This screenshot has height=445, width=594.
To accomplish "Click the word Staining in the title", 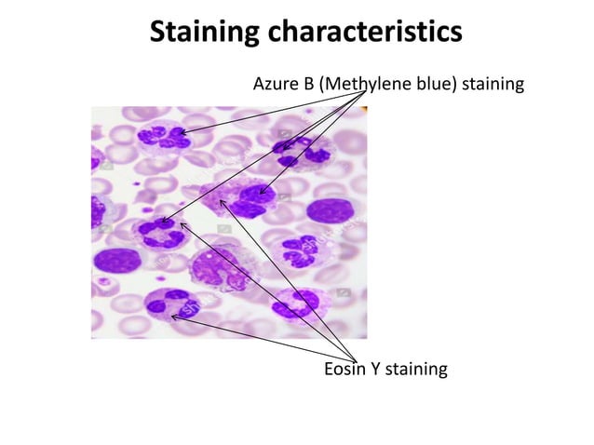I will pyautogui.click(x=205, y=33).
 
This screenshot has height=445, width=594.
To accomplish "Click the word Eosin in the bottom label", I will pyautogui.click(x=345, y=370).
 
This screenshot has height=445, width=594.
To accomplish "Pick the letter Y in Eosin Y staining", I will pyautogui.click(x=378, y=370).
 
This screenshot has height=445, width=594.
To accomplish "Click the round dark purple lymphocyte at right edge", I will pyautogui.click(x=331, y=211).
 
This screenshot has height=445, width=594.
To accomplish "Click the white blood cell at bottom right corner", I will pyautogui.click(x=297, y=303).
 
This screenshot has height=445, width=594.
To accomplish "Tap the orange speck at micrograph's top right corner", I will pyautogui.click(x=364, y=110).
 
